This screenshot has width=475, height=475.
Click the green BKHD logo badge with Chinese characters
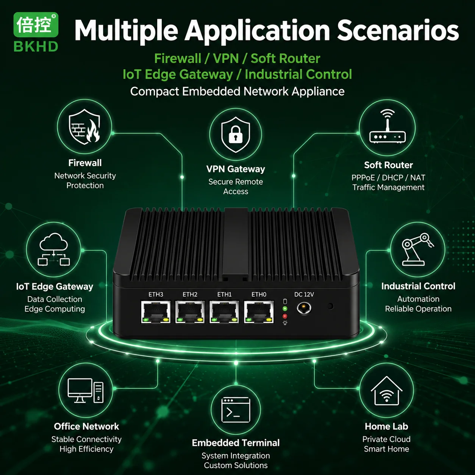tap(36, 25)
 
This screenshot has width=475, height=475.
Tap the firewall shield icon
tap(84, 127)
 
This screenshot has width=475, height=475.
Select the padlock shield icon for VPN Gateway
tap(236, 134)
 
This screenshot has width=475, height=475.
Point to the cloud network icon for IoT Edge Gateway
tap(54, 249)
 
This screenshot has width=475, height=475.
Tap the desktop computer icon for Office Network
tap(86, 391)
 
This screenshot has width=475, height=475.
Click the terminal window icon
tap(236, 409)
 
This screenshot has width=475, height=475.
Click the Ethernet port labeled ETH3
tap(156, 312)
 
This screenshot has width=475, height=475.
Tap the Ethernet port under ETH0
tap(259, 312)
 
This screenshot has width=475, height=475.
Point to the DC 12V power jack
tap(304, 308)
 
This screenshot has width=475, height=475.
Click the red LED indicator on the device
tap(285, 316)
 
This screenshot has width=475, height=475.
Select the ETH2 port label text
tap(190, 294)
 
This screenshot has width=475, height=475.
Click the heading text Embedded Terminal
tap(236, 443)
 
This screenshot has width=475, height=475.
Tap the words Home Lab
tap(386, 427)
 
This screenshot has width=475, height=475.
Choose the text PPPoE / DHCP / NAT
tap(388, 178)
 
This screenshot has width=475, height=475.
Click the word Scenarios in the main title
tap(398, 31)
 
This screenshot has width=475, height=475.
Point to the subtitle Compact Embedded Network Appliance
tap(237, 91)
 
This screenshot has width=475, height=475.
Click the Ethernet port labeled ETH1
tap(224, 312)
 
